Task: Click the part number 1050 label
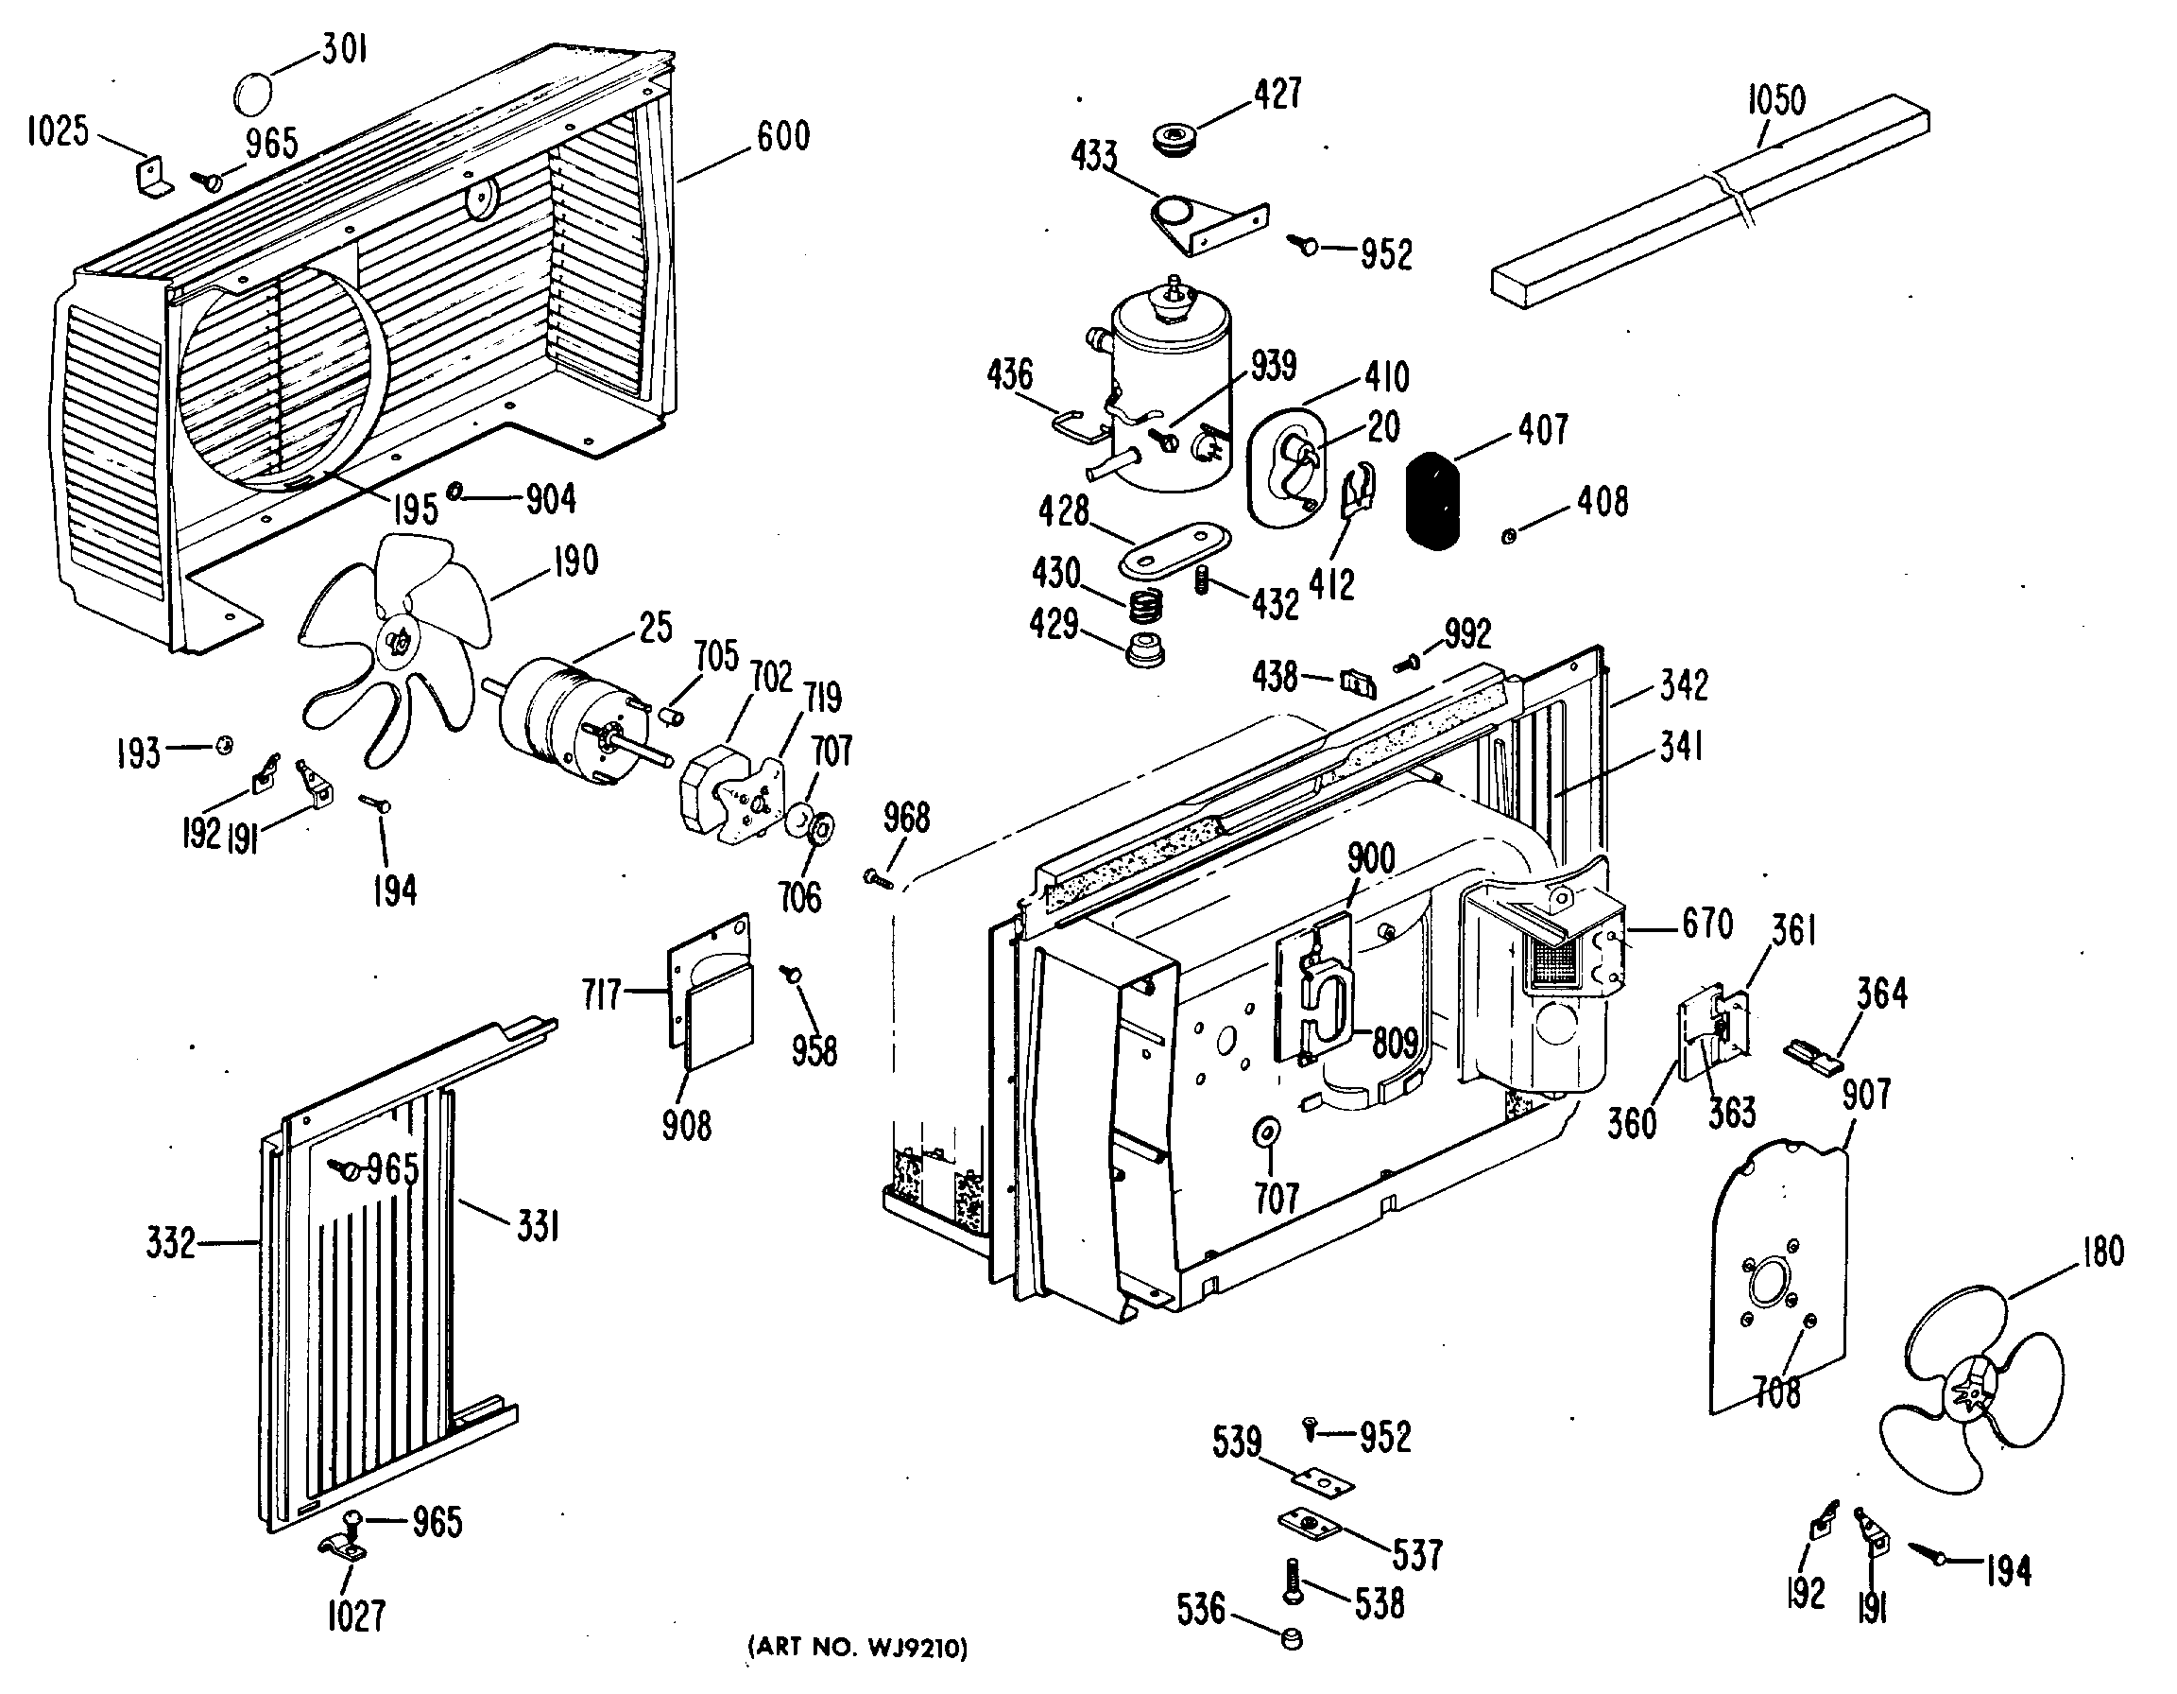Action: [x=1776, y=101]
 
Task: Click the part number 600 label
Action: [x=782, y=135]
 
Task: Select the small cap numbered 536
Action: [x=1291, y=1639]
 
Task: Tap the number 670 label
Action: [x=1707, y=924]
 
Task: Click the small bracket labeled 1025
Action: [x=155, y=174]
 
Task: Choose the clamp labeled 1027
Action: [x=342, y=1548]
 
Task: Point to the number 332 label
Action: [x=170, y=1243]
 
